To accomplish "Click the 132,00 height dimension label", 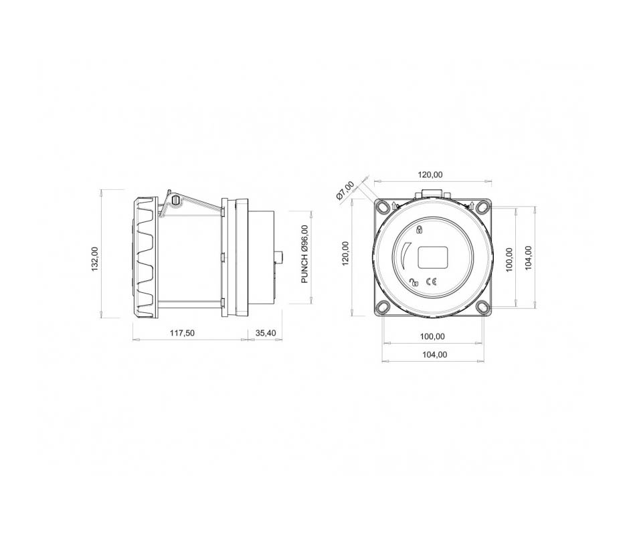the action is click(95, 259).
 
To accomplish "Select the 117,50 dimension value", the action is click(182, 333).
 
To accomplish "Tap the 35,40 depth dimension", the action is click(266, 333).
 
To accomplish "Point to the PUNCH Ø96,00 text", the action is click(305, 254).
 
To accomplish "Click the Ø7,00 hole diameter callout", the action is click(345, 190).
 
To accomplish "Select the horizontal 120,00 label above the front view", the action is click(430, 175).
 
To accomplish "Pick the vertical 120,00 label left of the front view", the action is click(346, 253).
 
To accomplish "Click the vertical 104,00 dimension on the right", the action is click(528, 257).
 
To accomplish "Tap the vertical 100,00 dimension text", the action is click(509, 259).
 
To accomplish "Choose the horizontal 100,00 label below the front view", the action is click(432, 336).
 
